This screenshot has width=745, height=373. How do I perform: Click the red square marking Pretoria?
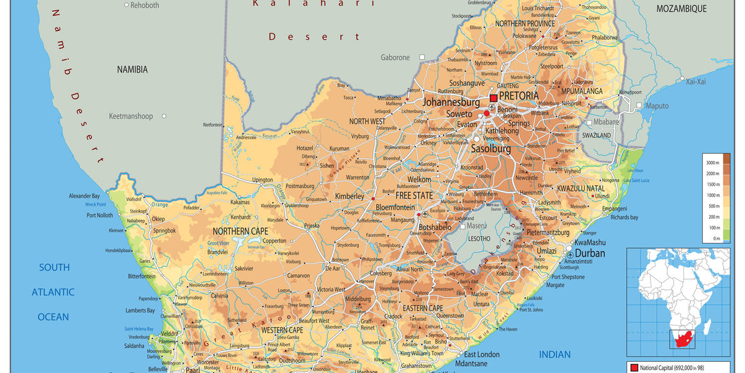494,98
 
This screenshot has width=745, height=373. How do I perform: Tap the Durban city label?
590,254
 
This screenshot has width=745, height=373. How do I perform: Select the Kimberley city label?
350,196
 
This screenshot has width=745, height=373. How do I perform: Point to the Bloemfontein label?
395,207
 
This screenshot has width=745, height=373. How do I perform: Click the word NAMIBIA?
132,70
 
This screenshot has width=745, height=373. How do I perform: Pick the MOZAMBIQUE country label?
682,9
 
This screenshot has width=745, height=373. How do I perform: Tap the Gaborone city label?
395,58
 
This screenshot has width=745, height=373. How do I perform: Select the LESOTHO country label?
479,238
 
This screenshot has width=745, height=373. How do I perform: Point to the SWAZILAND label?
597,135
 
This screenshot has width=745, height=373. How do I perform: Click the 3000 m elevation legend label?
711,162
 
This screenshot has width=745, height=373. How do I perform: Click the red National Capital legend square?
634,367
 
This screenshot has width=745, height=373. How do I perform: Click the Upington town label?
262,180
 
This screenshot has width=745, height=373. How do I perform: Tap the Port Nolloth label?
100,216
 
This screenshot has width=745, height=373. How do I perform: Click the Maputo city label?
657,106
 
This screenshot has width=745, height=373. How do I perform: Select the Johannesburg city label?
451,102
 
